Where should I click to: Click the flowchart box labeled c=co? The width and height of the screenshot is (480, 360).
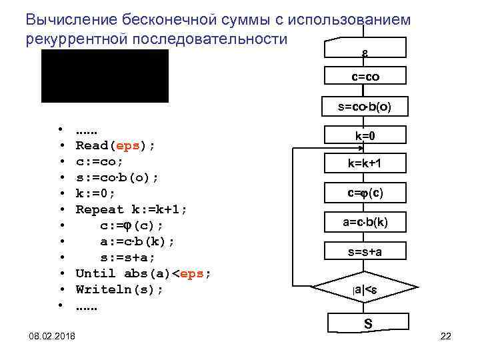(x=365, y=78)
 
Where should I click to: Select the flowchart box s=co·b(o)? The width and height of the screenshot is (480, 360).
(x=365, y=107)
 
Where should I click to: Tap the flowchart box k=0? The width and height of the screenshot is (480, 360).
(x=365, y=136)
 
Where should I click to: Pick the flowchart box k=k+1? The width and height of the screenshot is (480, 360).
(x=365, y=164)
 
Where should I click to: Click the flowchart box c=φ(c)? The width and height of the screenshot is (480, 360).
(x=365, y=193)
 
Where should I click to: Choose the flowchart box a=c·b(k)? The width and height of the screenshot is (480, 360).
(x=365, y=222)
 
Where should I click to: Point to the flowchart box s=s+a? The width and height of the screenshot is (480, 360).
(x=365, y=251)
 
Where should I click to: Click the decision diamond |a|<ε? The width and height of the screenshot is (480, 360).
(x=365, y=289)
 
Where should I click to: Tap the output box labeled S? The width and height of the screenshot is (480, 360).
(x=367, y=324)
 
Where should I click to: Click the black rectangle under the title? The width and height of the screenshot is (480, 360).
(x=105, y=76)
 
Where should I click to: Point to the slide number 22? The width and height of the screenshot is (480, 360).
(x=446, y=336)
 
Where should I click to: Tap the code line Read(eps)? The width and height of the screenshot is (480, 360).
(x=115, y=145)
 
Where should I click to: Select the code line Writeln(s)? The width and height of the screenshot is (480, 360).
(x=119, y=290)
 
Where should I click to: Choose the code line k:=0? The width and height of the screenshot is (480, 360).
(x=95, y=193)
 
